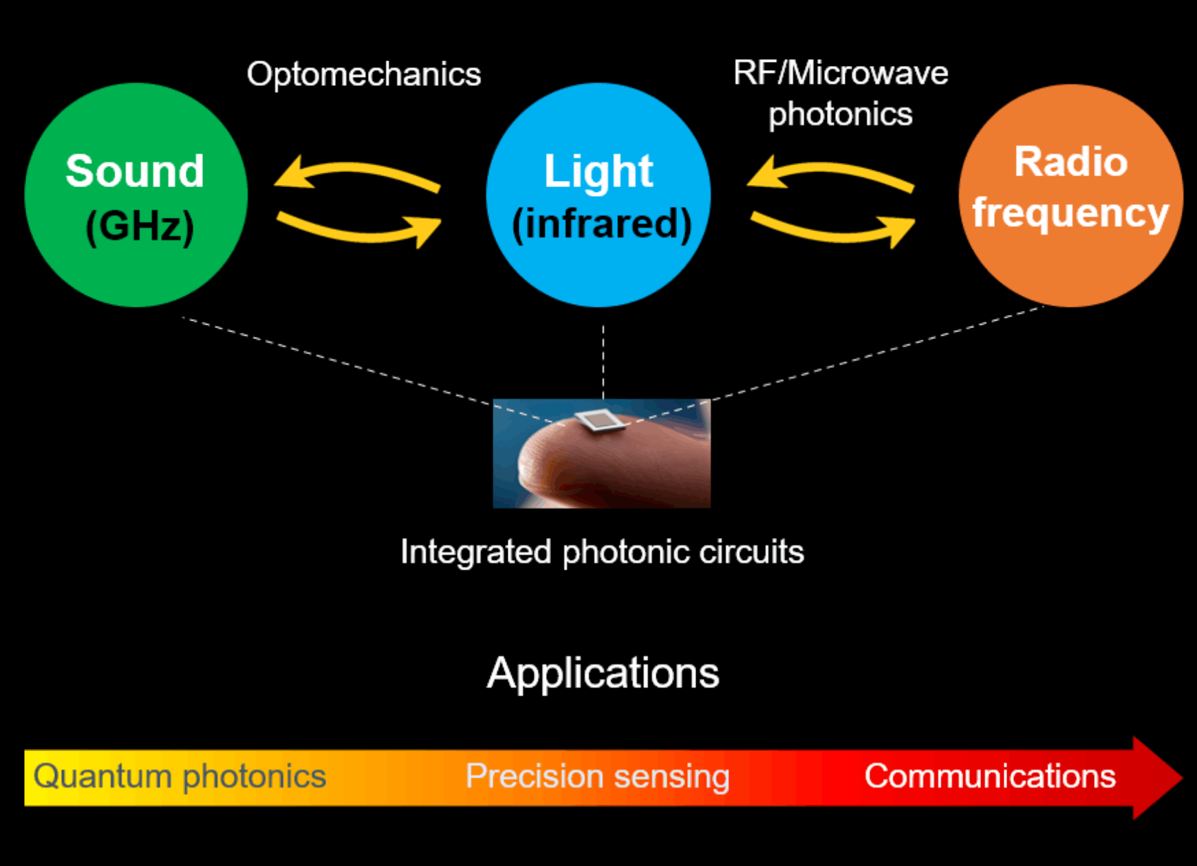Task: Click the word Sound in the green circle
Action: coord(135,171)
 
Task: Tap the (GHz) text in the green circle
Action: coord(140,226)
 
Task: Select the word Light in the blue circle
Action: coord(598,171)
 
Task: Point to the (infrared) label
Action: coord(601,224)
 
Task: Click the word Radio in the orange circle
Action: coord(1070,162)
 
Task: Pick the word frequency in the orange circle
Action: coord(1070,213)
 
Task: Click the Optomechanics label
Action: coord(364,74)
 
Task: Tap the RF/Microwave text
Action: coord(841,73)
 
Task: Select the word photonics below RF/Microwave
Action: coord(841,114)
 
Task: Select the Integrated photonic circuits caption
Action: coord(602,552)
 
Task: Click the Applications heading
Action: coord(603,673)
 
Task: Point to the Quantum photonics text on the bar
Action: coord(180,777)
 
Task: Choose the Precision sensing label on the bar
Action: coord(597,777)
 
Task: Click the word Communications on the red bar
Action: coord(990,777)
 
